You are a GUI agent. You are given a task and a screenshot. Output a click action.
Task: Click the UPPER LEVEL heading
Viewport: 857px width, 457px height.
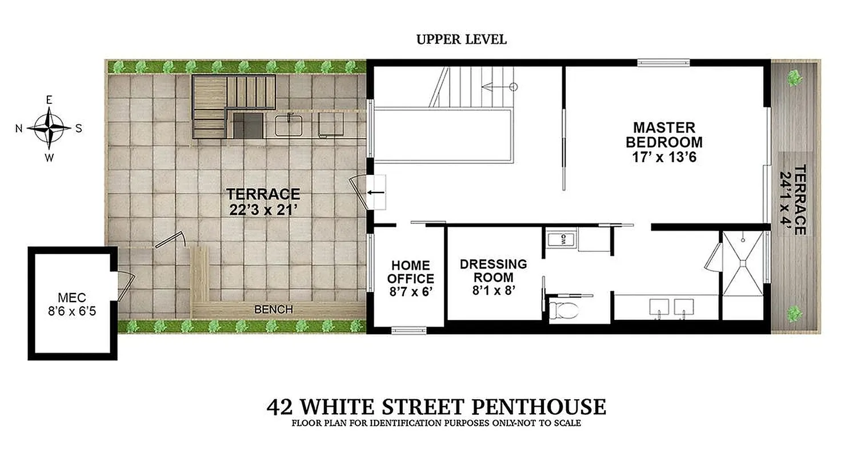point(461,39)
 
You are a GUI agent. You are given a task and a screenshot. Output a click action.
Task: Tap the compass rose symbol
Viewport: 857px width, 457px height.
point(49,128)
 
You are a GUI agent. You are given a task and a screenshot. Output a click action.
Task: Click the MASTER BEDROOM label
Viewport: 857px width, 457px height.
point(664,134)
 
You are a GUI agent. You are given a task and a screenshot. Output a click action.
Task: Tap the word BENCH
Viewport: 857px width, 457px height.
point(273,309)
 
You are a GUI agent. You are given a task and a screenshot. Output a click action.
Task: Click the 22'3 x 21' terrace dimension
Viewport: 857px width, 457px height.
point(262,210)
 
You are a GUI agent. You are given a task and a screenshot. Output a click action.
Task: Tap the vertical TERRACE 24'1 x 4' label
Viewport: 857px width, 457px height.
point(793,199)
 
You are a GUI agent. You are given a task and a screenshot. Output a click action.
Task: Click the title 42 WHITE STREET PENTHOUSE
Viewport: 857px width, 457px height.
point(436,407)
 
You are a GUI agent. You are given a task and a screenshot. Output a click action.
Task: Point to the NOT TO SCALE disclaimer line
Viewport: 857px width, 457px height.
point(436,423)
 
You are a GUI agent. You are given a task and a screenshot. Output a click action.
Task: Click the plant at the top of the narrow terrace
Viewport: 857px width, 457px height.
point(794,78)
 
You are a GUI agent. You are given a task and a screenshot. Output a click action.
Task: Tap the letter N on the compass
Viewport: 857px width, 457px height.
point(19,129)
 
